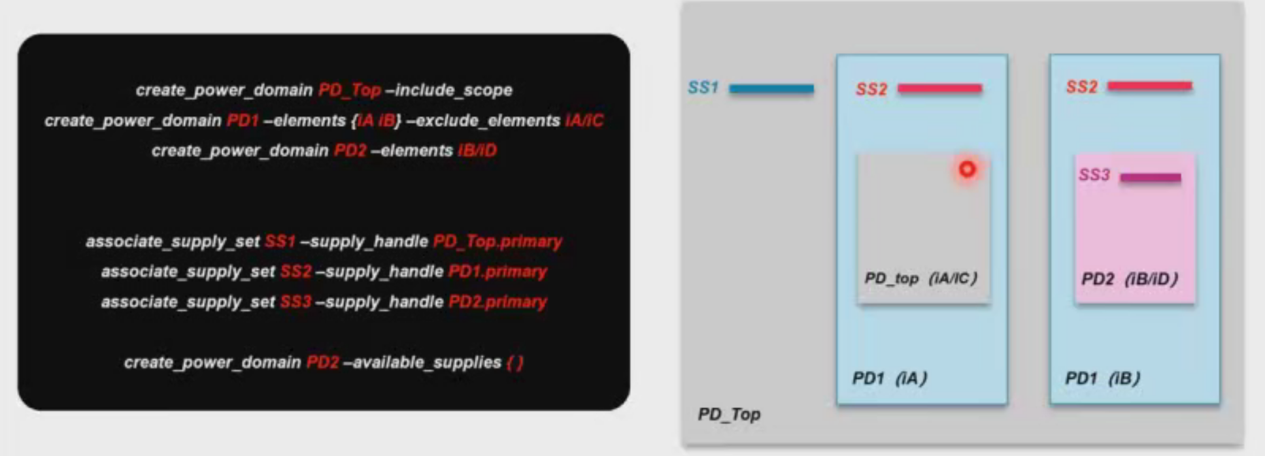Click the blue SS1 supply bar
[x=771, y=88]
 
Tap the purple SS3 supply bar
[x=1151, y=177]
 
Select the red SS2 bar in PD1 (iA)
[x=939, y=88]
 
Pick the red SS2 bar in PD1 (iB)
[x=1149, y=86]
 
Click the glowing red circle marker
[x=967, y=170]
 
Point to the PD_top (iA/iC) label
[x=920, y=278]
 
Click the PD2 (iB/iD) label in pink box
[x=1130, y=279]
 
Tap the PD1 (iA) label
[x=890, y=378]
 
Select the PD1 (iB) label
[x=1103, y=378]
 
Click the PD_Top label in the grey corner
[x=729, y=414]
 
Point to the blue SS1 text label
[x=703, y=88]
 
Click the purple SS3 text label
[x=1094, y=175]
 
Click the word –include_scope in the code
[x=449, y=90]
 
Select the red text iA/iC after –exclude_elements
[x=584, y=121]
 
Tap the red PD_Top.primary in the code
[x=498, y=242]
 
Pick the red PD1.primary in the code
[x=498, y=272]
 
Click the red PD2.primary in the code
[x=498, y=302]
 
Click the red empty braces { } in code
[x=515, y=363]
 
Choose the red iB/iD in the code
[x=477, y=151]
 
